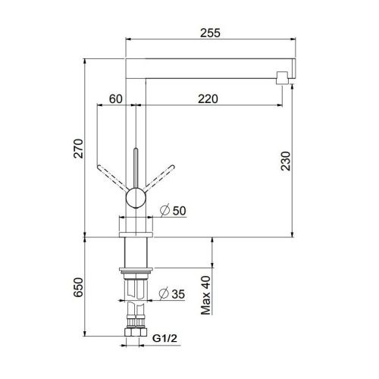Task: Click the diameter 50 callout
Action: [174, 211]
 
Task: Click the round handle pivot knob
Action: [134, 199]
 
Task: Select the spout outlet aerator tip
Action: [281, 77]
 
